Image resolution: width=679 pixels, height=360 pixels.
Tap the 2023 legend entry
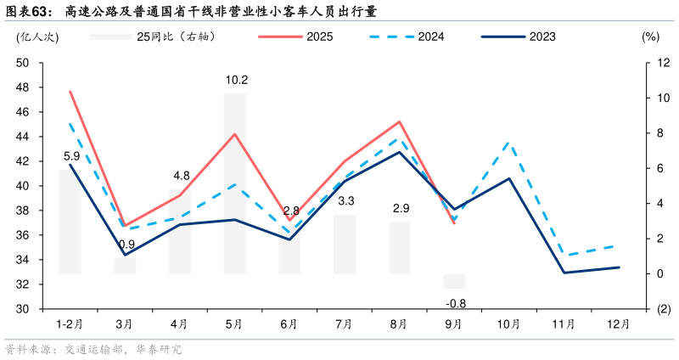[x=519, y=37]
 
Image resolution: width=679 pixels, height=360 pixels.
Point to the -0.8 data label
[x=456, y=303]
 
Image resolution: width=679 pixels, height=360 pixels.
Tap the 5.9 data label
[x=72, y=156]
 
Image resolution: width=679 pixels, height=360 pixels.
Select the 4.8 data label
[x=181, y=176]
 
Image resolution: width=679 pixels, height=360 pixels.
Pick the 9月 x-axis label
[x=454, y=324]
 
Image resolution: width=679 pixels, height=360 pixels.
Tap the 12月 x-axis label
[x=619, y=324]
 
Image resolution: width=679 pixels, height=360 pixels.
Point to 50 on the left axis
[x=23, y=63]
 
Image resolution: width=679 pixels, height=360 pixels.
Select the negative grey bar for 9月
[x=454, y=281]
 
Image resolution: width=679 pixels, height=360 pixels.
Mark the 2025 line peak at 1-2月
[x=70, y=92]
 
